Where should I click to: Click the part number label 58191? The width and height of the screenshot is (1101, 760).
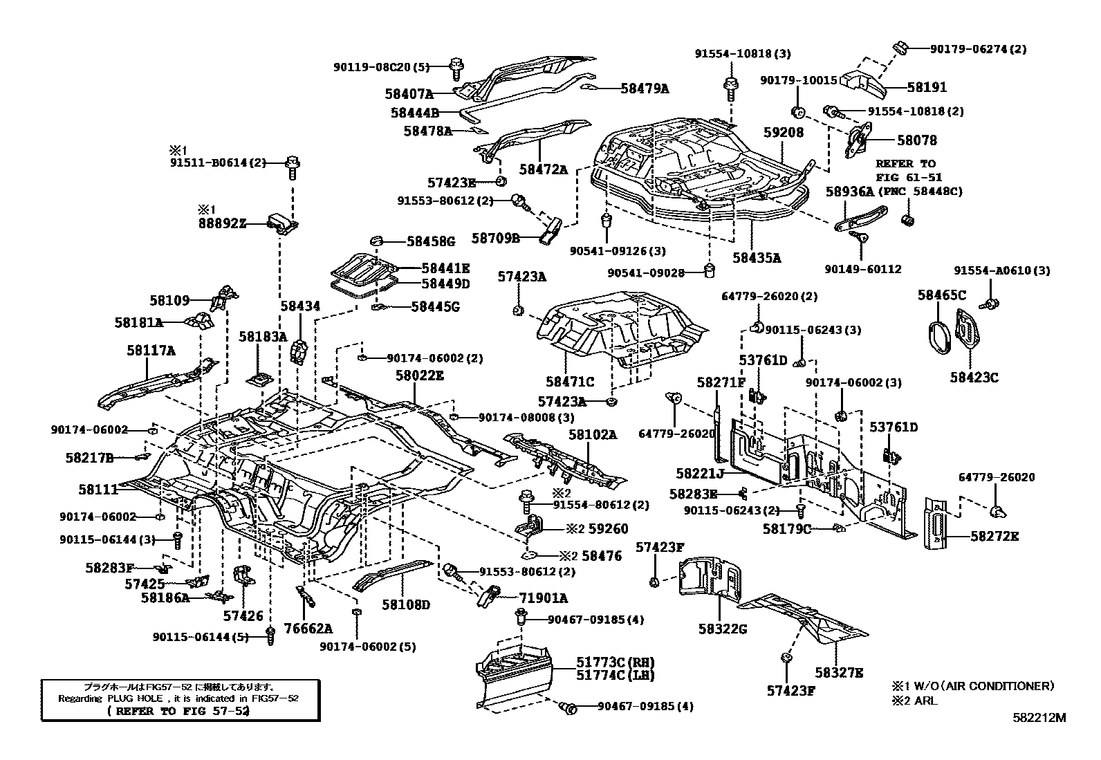(x=927, y=88)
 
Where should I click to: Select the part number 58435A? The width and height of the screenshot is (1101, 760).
(x=757, y=258)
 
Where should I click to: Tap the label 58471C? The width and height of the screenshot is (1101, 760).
(x=569, y=382)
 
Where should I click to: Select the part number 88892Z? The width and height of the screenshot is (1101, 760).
(x=222, y=223)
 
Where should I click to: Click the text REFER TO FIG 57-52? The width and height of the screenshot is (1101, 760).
(x=178, y=711)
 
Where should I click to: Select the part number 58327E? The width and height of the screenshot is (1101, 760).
(x=839, y=672)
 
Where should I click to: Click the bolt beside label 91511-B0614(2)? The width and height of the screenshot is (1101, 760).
(x=293, y=165)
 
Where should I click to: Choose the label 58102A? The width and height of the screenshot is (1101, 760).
(x=593, y=435)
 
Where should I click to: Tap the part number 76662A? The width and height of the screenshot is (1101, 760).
(x=308, y=629)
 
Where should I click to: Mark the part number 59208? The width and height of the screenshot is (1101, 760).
(x=784, y=132)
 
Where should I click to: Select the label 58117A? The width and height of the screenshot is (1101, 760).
(x=151, y=351)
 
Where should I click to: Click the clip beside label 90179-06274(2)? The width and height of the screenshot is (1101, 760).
(x=900, y=48)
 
